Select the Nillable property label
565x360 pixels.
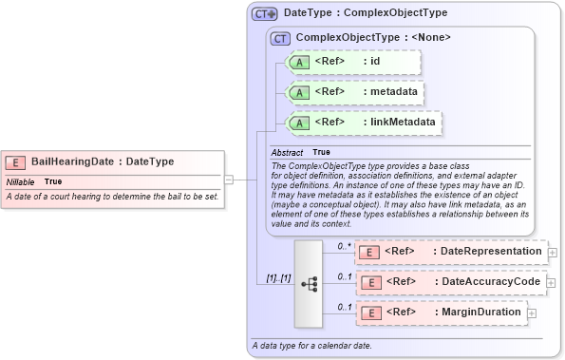(21, 180)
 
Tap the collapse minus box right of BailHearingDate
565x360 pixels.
(229, 178)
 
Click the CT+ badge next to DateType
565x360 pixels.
(265, 14)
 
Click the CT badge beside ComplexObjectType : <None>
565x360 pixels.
(280, 38)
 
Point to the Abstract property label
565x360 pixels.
(287, 152)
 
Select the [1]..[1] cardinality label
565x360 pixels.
(276, 278)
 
